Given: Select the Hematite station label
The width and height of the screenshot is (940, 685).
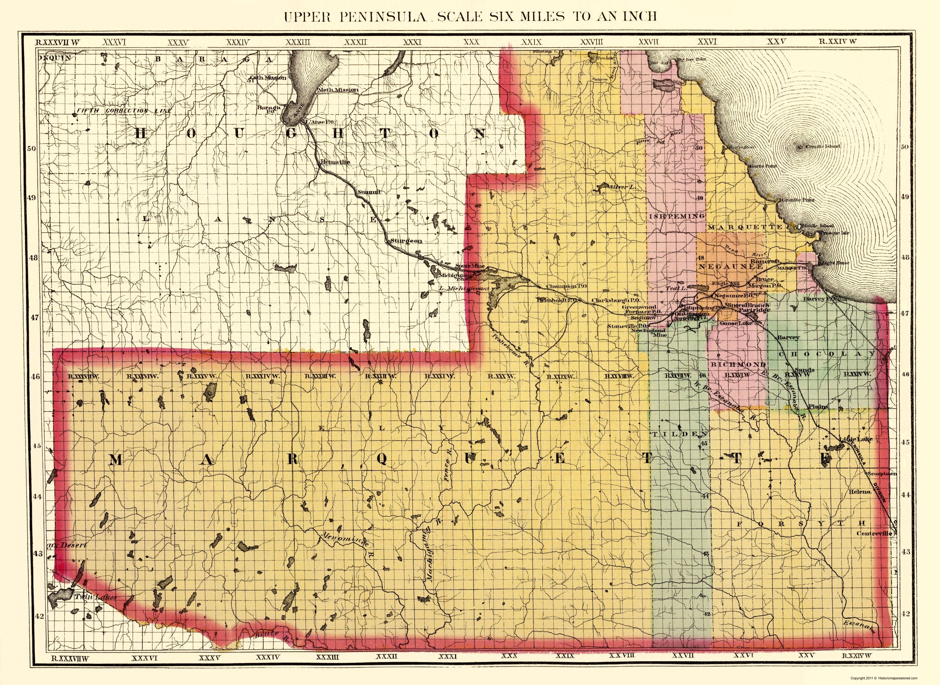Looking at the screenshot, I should click(335, 162).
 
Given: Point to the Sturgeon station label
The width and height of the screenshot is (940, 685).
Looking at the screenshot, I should click(406, 240).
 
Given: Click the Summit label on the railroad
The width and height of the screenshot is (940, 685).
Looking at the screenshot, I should click(369, 192).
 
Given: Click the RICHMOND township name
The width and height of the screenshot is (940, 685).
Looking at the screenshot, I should click(738, 364).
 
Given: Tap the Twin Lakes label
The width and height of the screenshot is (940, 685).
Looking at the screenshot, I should click(95, 597).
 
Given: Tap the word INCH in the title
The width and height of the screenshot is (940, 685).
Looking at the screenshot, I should click(638, 16).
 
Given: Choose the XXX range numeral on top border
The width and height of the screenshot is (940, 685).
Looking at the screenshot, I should click(471, 42).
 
